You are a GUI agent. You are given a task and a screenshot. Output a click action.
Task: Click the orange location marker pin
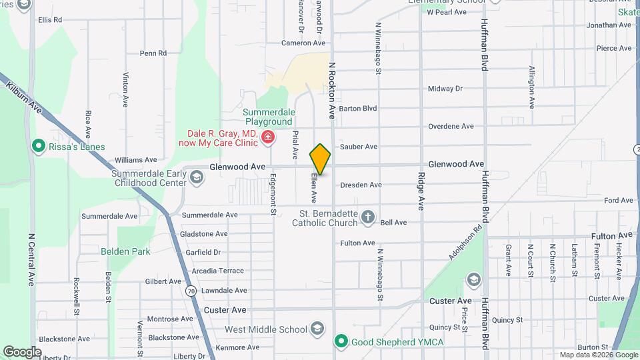[x=320, y=159]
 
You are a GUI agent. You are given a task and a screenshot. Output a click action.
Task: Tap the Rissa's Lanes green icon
[x=39, y=146]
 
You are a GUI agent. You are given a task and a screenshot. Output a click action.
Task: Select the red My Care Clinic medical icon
[x=268, y=138]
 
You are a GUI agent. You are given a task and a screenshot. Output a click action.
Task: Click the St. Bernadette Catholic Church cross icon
[x=367, y=217]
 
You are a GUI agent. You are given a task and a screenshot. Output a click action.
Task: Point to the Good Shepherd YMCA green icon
[x=341, y=341]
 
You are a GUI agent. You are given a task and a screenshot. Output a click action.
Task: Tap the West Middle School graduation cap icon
[x=318, y=329]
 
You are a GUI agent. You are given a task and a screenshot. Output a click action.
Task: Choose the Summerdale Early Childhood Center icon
[x=196, y=177]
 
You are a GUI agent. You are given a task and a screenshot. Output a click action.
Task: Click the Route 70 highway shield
[x=191, y=291]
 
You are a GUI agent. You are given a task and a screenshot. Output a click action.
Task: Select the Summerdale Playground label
[x=267, y=117]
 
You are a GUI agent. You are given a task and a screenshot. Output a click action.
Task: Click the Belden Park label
[x=125, y=251]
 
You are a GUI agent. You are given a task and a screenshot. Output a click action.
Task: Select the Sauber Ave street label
[x=358, y=147]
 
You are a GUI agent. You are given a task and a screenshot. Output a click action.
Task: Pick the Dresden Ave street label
[x=360, y=185]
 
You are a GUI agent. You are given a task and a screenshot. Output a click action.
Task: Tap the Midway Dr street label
[x=445, y=89]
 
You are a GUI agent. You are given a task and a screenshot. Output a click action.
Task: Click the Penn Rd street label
[x=153, y=53]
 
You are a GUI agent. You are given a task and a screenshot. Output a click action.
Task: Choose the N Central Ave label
[x=31, y=260]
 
